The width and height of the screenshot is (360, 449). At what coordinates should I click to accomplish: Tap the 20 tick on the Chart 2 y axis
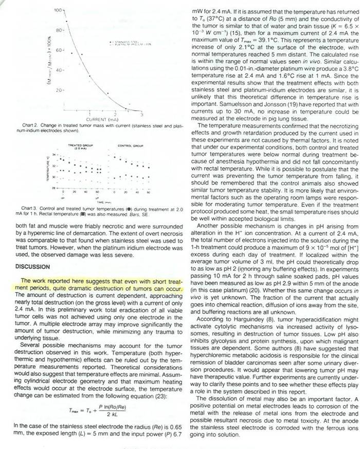pyautogui.click(x=59, y=89)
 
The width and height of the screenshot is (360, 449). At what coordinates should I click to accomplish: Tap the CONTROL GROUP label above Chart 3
pyautogui.click(x=130, y=146)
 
